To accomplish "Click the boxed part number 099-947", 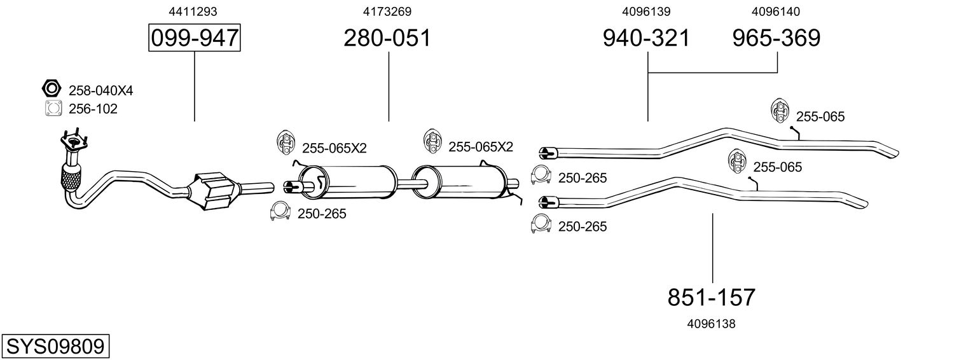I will (194, 38).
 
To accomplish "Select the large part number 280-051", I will (387, 38).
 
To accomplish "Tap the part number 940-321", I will (646, 38).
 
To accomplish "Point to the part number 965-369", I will (776, 38).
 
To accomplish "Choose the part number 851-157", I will (712, 297).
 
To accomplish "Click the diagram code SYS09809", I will (55, 347).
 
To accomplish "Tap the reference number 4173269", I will (387, 11).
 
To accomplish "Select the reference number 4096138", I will (711, 324).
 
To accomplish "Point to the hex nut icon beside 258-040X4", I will (51, 88).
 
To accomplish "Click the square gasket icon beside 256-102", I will (52, 109).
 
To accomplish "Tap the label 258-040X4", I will (100, 91).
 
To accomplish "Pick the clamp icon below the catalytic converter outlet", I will (280, 212).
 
